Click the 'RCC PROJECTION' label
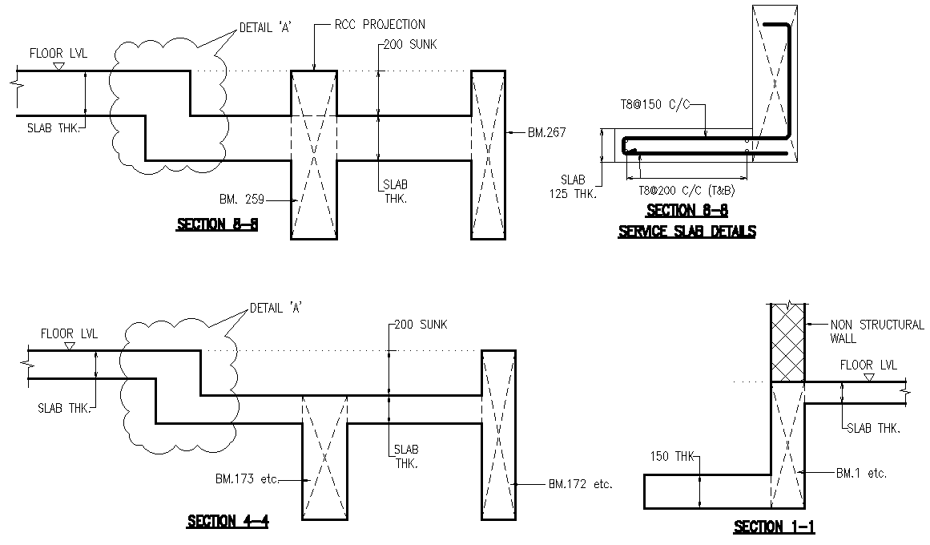[381, 25]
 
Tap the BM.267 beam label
[546, 133]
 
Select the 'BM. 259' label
[242, 198]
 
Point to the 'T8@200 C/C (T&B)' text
[686, 191]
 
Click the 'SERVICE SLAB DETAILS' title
[686, 232]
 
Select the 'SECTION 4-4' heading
[227, 522]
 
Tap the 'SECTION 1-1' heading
[774, 527]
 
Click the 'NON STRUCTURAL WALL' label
[876, 331]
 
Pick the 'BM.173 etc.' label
[246, 479]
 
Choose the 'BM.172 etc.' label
[580, 484]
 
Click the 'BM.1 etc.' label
[861, 474]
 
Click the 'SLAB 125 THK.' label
[574, 186]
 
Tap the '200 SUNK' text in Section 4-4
[421, 325]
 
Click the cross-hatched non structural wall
[787, 343]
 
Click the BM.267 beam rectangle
[488, 155]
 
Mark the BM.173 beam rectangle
[324, 457]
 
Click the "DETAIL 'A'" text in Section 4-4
[277, 308]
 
